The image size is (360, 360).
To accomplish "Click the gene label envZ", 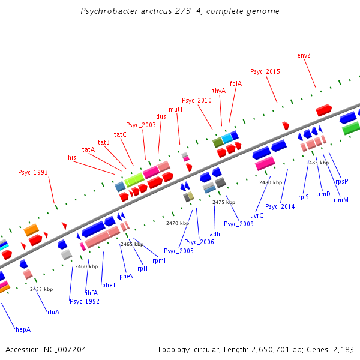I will (x=304, y=55).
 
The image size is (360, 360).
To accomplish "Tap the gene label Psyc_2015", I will (x=265, y=72).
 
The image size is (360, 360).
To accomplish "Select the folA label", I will (x=236, y=83).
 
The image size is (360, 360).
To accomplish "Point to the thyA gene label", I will (x=219, y=91).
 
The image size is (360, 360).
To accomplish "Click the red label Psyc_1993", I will (x=33, y=172).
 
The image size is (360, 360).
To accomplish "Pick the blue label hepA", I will (x=23, y=329).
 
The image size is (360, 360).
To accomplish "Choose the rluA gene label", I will (x=53, y=312).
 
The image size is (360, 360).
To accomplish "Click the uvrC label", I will (x=257, y=215).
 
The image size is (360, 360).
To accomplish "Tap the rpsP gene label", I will (x=342, y=181).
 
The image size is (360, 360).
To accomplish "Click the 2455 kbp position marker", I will (x=41, y=289).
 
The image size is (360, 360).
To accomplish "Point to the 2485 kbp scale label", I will (x=317, y=163).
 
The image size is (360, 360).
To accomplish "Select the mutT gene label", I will (x=176, y=109).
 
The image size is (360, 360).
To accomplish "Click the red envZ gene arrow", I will (x=324, y=110).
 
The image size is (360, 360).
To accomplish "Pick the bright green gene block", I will (x=350, y=128).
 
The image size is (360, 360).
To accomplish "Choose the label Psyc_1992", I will (x=85, y=301).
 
